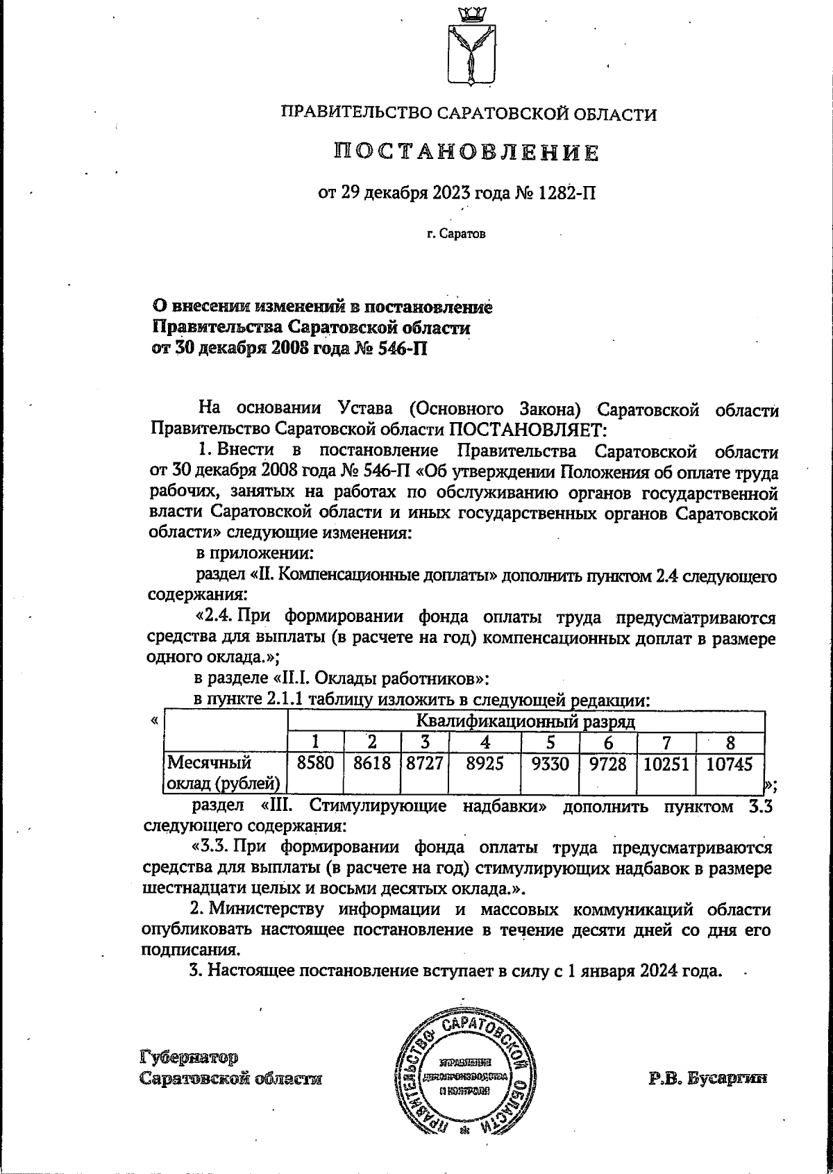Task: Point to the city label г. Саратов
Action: pyautogui.click(x=456, y=234)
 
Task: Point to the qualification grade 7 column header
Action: pyautogui.click(x=666, y=741)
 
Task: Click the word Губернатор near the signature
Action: pyautogui.click(x=189, y=1057)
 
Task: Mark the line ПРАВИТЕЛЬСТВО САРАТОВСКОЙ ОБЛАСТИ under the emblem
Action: pyautogui.click(x=468, y=114)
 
